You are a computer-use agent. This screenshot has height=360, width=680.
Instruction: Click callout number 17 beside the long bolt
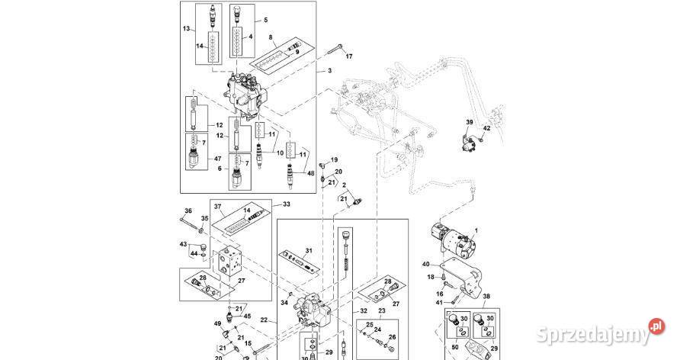coord(350,57)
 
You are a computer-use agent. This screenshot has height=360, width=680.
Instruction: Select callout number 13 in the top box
coord(185,28)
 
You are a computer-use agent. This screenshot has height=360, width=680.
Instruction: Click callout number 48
coord(310,172)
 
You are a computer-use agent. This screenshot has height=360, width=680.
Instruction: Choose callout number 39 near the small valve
coord(470,122)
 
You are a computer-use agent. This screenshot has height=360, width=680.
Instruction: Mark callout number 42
coord(487,129)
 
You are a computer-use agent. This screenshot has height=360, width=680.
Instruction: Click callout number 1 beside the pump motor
coord(476,230)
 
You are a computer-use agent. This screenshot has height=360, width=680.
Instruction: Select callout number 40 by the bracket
coord(426,264)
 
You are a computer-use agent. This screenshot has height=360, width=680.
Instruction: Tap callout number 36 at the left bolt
coord(188,211)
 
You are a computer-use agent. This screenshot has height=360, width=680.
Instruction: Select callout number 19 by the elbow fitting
coord(334,159)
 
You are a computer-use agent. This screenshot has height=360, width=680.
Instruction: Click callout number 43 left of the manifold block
coord(183,244)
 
